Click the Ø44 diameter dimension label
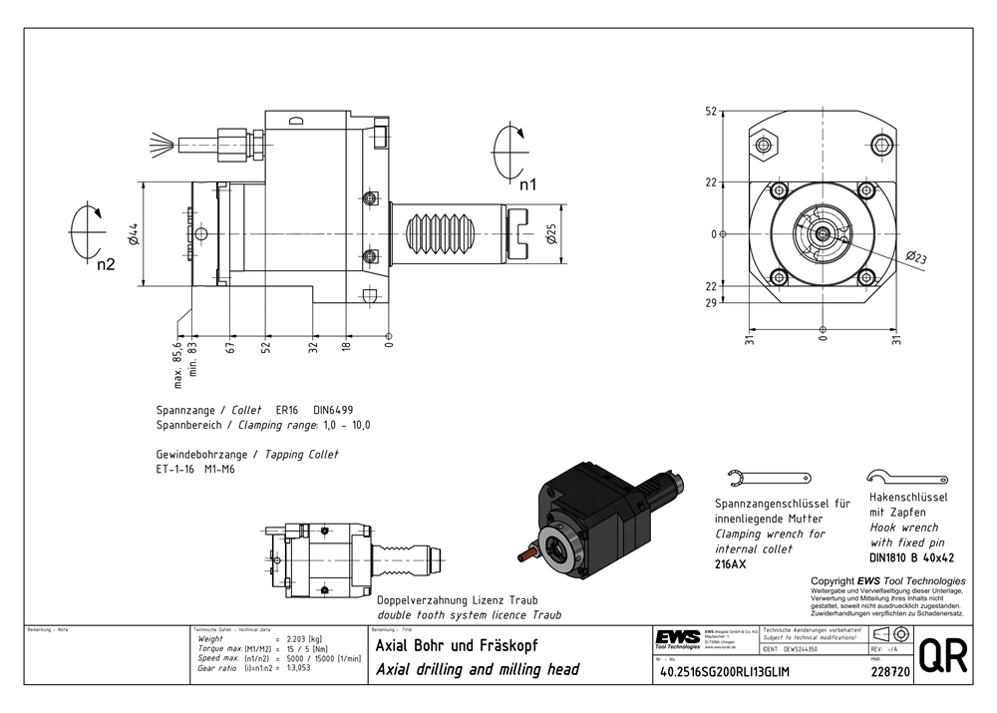coord(133,233)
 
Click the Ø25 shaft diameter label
coord(550,234)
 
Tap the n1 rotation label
coord(527,184)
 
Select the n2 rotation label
coord(106,264)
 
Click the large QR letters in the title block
coord(942,657)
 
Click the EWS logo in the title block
coord(677,637)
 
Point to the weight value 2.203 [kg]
coord(304,638)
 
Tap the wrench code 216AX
coord(731,565)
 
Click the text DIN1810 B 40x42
coord(911,557)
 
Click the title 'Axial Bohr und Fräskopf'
coord(457,645)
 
